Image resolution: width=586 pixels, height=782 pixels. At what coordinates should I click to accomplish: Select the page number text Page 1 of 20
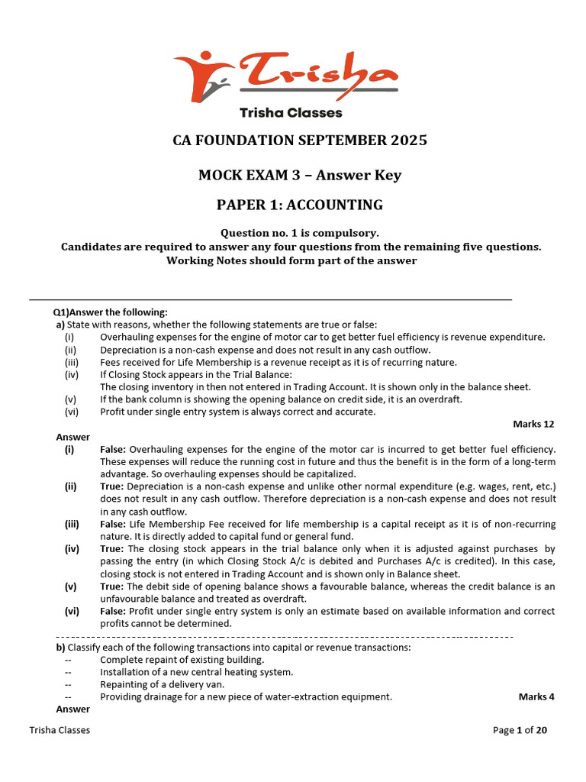pos(520,730)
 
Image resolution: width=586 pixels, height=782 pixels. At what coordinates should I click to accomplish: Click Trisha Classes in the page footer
pos(60,730)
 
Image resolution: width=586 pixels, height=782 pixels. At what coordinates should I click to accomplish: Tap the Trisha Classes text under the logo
pos(291,113)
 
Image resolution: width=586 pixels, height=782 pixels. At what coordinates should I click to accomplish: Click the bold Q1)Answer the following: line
pos(110,312)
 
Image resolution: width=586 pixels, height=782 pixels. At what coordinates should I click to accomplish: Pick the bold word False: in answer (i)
pos(112,450)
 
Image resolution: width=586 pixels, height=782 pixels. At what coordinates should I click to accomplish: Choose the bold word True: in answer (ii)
pos(112,486)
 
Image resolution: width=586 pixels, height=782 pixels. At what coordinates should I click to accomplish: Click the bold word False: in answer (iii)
pos(112,524)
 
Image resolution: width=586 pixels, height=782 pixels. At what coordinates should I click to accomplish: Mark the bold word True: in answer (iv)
pos(112,548)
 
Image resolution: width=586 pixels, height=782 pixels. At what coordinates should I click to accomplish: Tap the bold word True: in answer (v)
pos(112,586)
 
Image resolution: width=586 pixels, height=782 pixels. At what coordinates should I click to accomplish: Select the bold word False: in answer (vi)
pos(112,611)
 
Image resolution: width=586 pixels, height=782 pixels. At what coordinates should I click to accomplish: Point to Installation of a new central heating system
pos(196,672)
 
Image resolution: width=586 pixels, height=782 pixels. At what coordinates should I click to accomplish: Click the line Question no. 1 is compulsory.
pos(299,233)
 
